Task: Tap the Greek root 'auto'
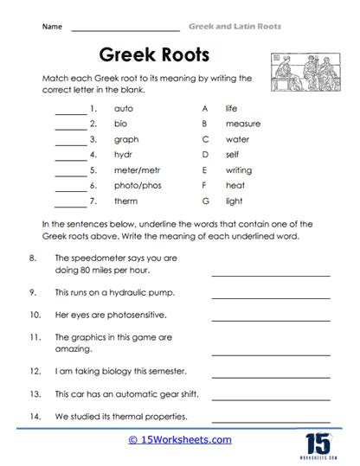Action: (122, 110)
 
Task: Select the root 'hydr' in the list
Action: (122, 154)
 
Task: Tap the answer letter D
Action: (204, 154)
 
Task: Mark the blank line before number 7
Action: (70, 202)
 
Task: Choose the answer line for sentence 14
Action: (270, 418)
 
